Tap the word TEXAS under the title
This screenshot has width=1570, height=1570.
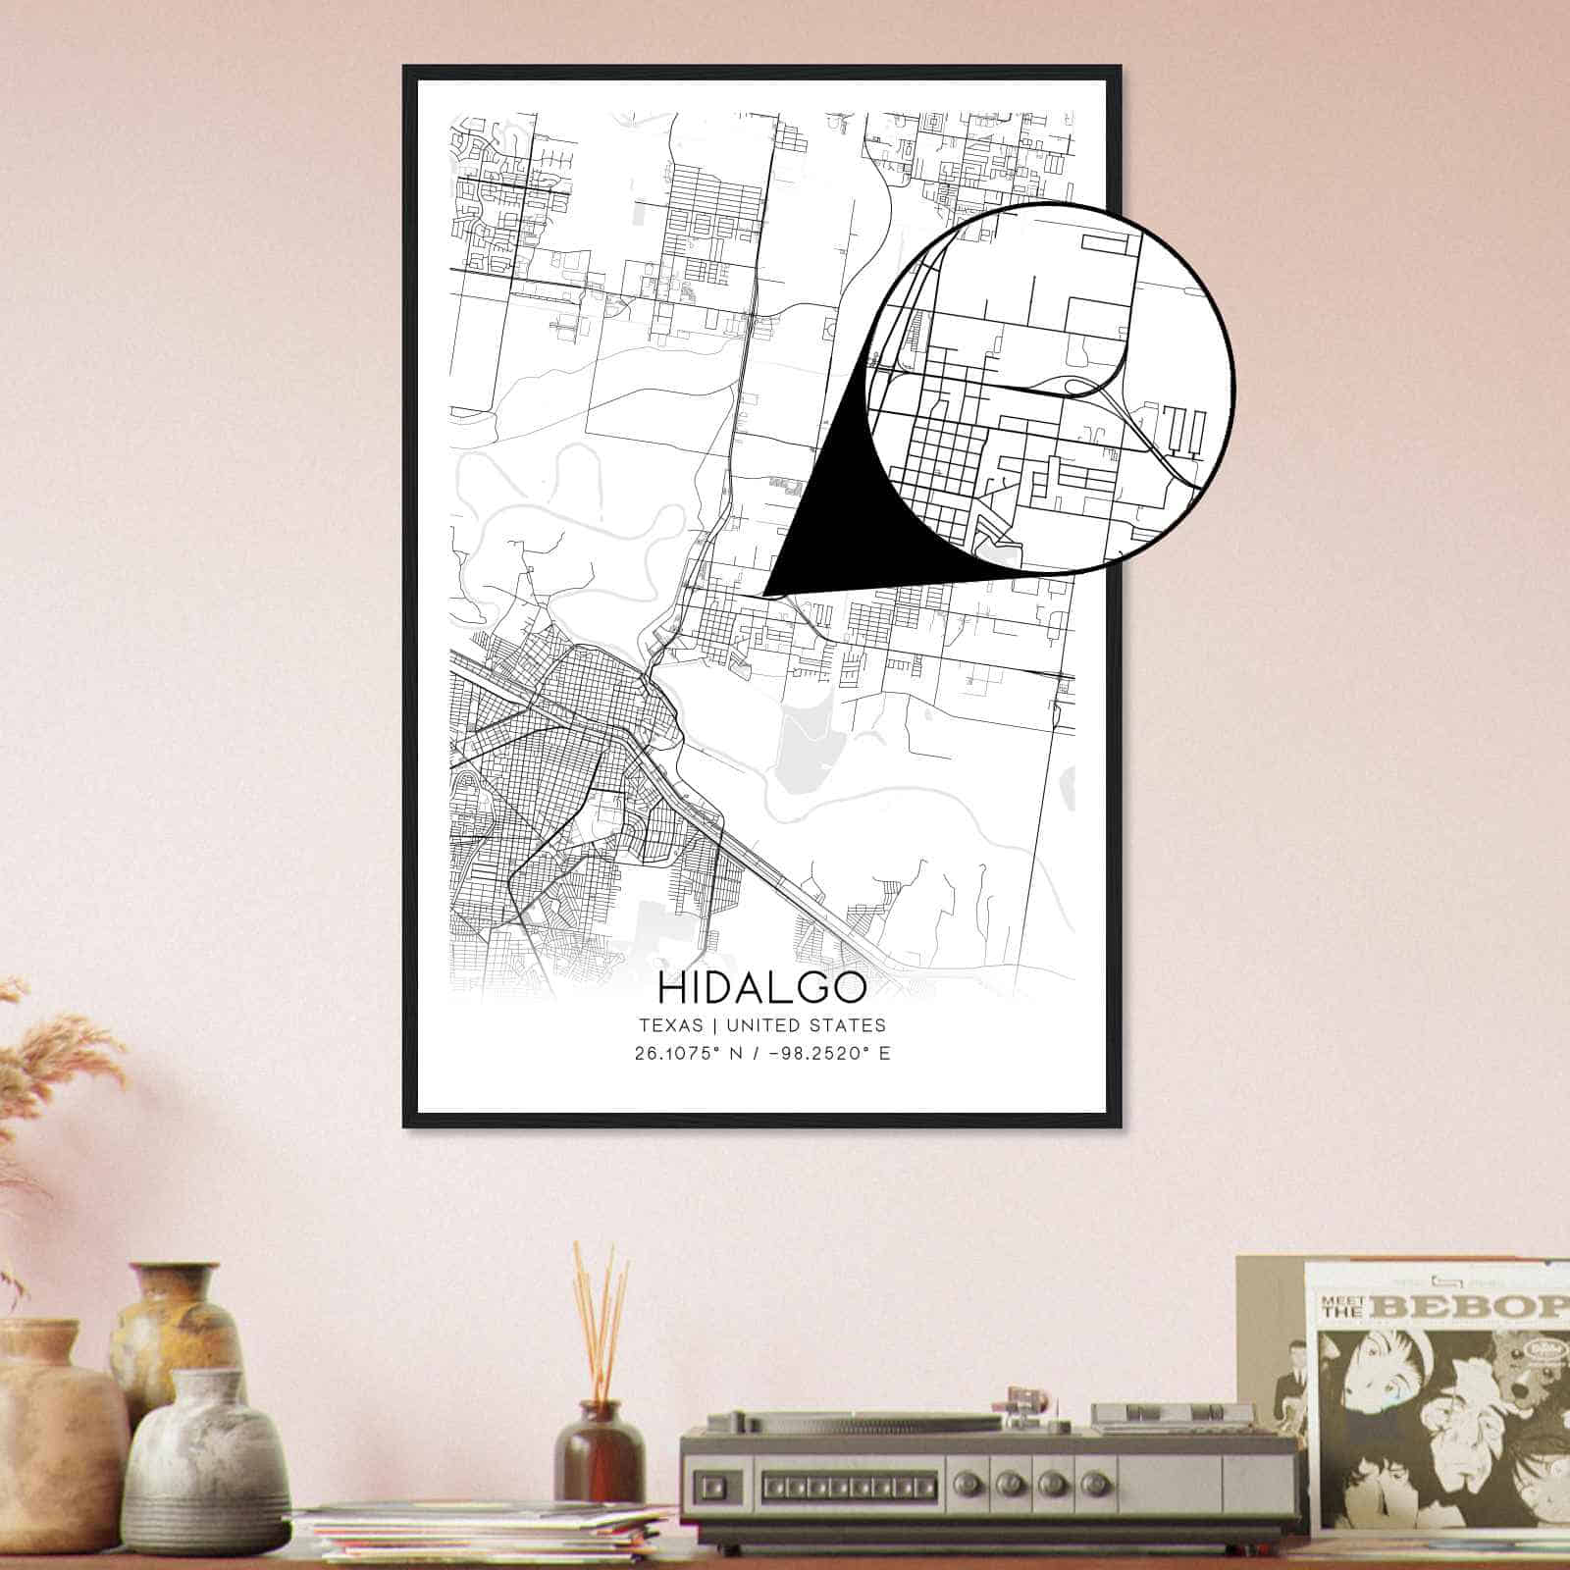(x=671, y=1025)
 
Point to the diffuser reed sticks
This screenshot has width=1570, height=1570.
(x=601, y=1325)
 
